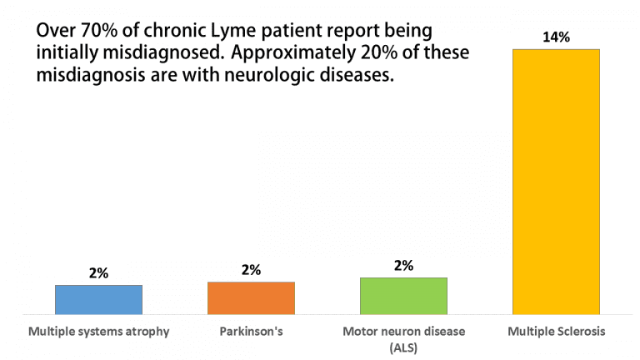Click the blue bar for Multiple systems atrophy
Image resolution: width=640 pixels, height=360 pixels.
98,298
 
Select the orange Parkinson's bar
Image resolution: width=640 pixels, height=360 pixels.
251,297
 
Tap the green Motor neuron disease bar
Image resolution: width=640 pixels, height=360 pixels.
403,295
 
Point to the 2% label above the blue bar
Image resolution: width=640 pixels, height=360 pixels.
98,272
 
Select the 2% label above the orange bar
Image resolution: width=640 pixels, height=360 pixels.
251,269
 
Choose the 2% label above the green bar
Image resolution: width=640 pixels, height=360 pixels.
403,265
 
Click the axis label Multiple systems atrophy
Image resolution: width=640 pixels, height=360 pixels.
99,332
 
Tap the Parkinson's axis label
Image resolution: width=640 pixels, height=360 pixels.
251,332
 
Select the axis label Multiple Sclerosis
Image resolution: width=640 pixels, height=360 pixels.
556,332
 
